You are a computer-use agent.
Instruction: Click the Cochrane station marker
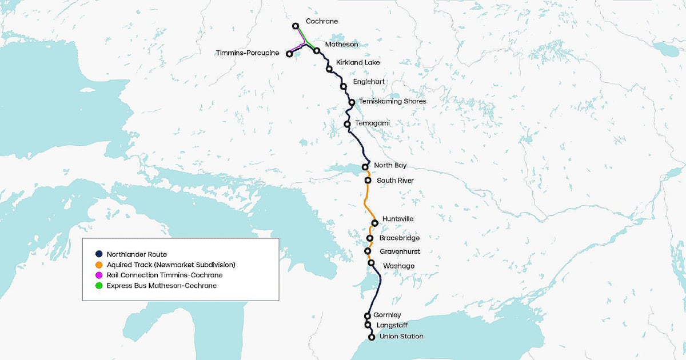(x=296, y=26)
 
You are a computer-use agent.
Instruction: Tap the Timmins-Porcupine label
(x=248, y=53)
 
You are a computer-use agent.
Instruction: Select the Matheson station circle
(x=316, y=51)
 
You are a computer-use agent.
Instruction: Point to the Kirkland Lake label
(x=358, y=62)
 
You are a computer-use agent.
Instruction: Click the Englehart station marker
(x=344, y=87)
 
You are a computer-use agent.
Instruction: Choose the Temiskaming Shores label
(x=392, y=101)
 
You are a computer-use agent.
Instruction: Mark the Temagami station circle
(x=347, y=124)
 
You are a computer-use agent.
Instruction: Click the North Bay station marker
(x=365, y=167)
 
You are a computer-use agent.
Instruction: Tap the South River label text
(x=395, y=181)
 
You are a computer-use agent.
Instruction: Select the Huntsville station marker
(x=374, y=223)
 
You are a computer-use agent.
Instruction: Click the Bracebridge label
(x=400, y=238)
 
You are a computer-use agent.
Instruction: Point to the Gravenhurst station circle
(x=368, y=251)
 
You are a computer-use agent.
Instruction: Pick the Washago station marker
(x=371, y=263)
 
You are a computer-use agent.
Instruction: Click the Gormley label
(x=387, y=315)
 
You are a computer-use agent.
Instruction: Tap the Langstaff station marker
(x=368, y=325)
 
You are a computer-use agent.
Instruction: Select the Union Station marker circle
(x=372, y=337)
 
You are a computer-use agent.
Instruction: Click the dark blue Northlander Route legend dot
(x=99, y=254)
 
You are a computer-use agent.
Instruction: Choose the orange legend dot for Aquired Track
(x=99, y=265)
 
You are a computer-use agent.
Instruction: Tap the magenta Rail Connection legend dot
(x=99, y=275)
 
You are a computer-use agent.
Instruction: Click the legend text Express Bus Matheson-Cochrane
(x=161, y=285)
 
